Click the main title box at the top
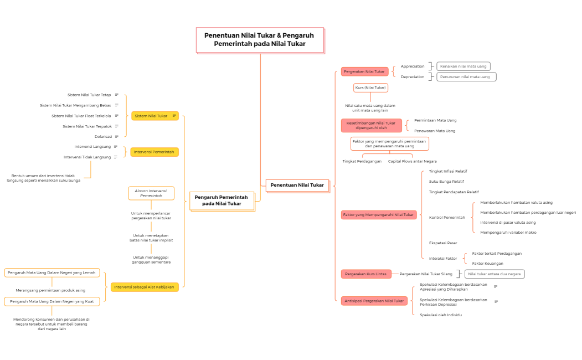point(259,40)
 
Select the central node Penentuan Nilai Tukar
point(297,185)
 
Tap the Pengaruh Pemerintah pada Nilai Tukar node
point(222,200)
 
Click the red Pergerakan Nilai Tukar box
point(364,71)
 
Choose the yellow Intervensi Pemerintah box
point(154,152)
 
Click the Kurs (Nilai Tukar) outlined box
point(370,88)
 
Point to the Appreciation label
point(413,66)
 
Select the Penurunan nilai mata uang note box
point(466,77)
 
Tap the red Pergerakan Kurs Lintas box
point(365,274)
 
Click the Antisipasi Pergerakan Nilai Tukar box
point(374,301)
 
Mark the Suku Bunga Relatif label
point(446,182)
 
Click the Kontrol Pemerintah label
point(447,218)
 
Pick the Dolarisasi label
point(103,136)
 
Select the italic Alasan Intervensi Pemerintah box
point(151,193)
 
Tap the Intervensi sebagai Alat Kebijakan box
point(144,287)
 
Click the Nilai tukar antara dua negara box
point(494,274)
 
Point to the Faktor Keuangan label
point(487,263)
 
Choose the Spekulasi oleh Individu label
point(441,315)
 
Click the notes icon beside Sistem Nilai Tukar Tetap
point(116,95)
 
